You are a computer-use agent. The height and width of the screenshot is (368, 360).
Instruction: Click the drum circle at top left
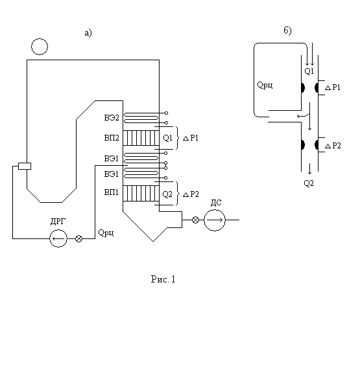click(x=40, y=39)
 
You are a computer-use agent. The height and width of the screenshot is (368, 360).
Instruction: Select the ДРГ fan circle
click(x=58, y=231)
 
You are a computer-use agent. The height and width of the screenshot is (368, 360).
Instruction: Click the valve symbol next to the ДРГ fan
click(x=78, y=239)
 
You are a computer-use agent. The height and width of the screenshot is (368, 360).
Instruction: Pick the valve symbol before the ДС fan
click(x=195, y=220)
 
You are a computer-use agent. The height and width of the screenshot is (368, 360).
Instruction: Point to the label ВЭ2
click(x=112, y=118)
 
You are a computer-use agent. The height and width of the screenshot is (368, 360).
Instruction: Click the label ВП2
click(x=112, y=138)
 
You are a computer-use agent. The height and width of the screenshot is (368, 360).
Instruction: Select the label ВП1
click(x=112, y=192)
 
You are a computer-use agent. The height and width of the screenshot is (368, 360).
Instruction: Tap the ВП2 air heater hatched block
click(x=141, y=138)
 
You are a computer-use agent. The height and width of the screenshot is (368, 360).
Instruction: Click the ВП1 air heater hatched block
click(x=141, y=193)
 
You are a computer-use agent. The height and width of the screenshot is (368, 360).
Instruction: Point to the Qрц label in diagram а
click(x=106, y=233)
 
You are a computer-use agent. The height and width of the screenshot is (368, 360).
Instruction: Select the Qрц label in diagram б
click(x=265, y=85)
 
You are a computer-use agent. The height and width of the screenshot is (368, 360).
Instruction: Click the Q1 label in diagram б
click(x=309, y=71)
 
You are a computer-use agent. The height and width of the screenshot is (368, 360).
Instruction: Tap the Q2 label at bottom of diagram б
click(x=309, y=183)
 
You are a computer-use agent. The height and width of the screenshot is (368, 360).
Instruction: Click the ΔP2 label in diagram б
click(x=333, y=146)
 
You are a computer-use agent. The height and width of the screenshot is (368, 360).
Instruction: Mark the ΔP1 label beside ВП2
click(x=191, y=138)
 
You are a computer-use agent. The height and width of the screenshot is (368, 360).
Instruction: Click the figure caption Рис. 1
click(x=163, y=279)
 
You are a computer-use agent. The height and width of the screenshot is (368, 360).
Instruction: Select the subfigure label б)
click(x=287, y=30)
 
